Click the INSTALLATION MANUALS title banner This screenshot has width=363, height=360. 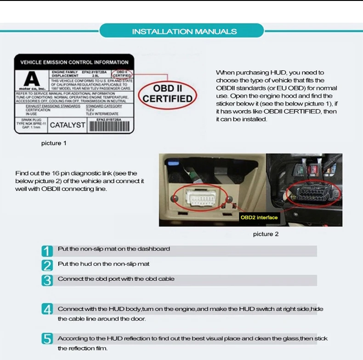184,31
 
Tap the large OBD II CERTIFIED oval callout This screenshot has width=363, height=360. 167,93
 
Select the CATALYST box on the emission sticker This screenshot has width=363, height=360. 68,125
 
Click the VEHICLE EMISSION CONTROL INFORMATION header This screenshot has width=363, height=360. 74,62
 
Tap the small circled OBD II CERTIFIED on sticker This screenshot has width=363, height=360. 122,74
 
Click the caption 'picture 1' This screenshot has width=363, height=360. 54,143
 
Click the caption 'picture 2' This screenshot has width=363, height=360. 266,234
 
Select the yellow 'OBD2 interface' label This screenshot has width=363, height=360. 259,217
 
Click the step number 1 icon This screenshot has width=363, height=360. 47,251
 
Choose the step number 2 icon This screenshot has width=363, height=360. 47,265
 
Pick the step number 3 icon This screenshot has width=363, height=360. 47,280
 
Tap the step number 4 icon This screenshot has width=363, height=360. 47,309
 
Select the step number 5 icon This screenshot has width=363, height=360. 47,339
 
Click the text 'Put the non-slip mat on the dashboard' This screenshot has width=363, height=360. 114,249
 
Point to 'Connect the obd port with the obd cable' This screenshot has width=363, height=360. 116,279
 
